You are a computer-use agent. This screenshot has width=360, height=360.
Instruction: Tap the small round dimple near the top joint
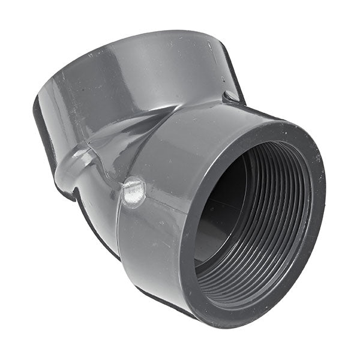(x=230, y=97)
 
